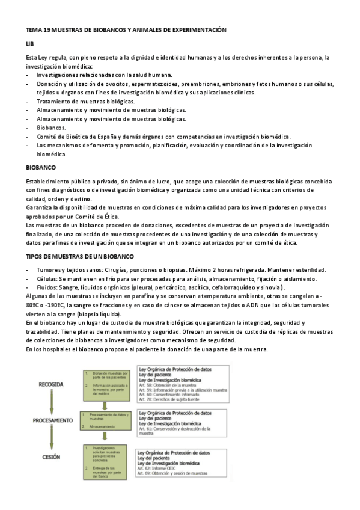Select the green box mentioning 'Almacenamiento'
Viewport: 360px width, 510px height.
106,420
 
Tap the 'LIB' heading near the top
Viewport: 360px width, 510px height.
30,44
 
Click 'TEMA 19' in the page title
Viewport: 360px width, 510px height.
39,29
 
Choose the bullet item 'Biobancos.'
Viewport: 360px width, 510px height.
52,127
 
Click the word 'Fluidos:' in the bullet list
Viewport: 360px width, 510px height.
47,288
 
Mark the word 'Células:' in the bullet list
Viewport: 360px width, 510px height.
47,278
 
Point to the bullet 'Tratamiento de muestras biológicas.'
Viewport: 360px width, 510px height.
85,101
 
